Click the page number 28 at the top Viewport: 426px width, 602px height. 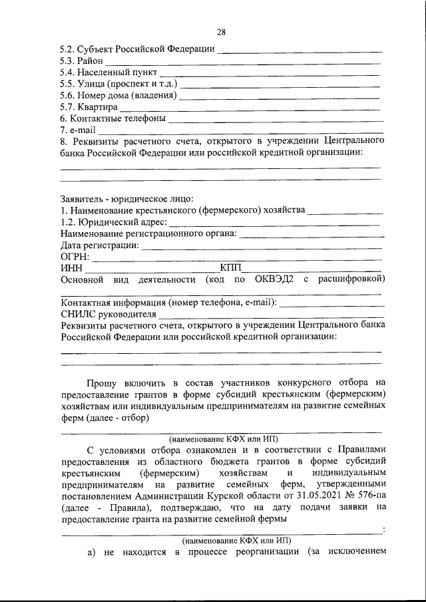[x=222, y=32]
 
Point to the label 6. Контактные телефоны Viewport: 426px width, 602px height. [x=112, y=118]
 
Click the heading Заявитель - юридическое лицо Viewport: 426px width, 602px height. [x=126, y=198]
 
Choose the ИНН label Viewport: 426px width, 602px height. [x=71, y=267]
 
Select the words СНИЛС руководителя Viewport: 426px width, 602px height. [x=108, y=314]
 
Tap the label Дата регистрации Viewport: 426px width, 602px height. [x=100, y=245]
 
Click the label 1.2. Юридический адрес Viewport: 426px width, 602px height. [x=114, y=222]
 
